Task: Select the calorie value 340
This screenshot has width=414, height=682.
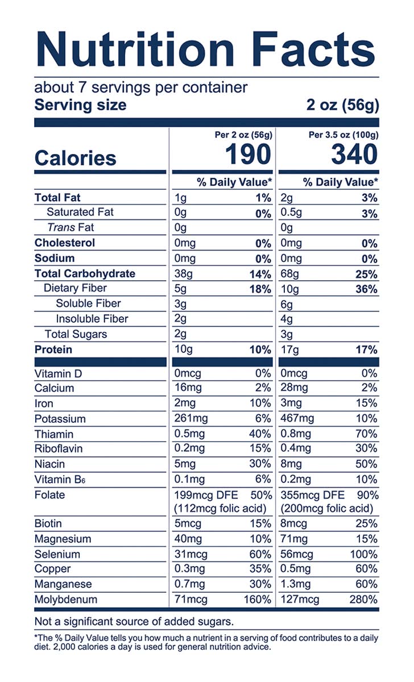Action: tap(354, 155)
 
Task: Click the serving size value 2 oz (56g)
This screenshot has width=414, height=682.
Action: tap(342, 106)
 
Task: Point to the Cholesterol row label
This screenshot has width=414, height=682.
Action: tap(65, 243)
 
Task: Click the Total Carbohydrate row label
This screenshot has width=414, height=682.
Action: tap(85, 274)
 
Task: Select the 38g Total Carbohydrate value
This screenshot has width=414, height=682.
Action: tap(184, 274)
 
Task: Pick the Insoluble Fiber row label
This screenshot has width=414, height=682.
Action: tap(92, 319)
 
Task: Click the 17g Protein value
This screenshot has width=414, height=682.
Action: tap(290, 350)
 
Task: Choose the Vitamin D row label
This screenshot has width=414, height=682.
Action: tap(59, 373)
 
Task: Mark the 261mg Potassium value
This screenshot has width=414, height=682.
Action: tap(192, 419)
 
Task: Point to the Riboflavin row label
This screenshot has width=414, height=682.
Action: tap(59, 449)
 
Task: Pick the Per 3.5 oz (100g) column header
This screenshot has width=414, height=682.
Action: tap(343, 135)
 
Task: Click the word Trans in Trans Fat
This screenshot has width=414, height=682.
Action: tap(61, 228)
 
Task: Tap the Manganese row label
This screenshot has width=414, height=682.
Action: tap(63, 584)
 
